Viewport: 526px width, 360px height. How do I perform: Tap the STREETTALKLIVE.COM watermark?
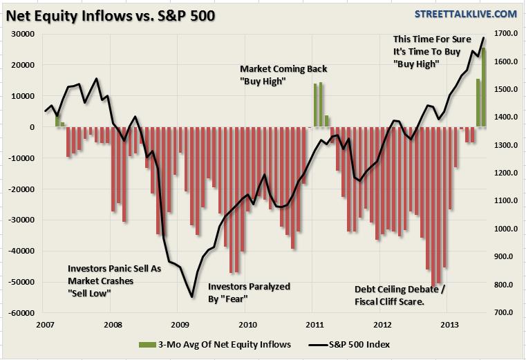tap(464, 14)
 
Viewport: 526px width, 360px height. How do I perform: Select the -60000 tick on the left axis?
tap(22, 313)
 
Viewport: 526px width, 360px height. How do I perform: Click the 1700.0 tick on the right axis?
tap(504, 34)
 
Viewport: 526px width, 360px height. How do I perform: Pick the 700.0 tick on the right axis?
tap(504, 313)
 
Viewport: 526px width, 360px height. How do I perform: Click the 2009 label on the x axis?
tap(179, 324)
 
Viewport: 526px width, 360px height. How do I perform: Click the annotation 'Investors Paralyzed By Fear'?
tap(249, 292)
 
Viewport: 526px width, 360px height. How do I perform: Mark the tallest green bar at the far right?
tap(484, 86)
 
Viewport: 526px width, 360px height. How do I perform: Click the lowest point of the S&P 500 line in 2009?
tap(191, 297)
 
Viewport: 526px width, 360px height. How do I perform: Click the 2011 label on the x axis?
tap(314, 324)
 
